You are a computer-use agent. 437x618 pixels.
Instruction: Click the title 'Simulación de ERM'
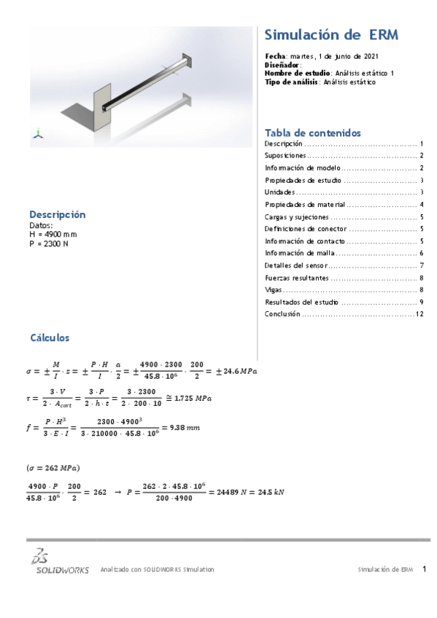click(x=331, y=35)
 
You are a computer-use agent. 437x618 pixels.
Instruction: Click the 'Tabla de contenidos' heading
click(x=312, y=133)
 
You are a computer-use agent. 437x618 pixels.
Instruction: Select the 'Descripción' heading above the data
click(x=57, y=214)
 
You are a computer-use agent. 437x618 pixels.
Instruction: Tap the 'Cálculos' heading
click(x=50, y=338)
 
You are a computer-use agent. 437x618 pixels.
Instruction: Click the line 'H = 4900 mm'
click(x=53, y=235)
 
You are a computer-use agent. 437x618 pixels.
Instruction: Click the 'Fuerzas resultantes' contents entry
click(x=297, y=278)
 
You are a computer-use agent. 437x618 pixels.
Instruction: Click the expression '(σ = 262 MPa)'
click(x=53, y=467)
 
